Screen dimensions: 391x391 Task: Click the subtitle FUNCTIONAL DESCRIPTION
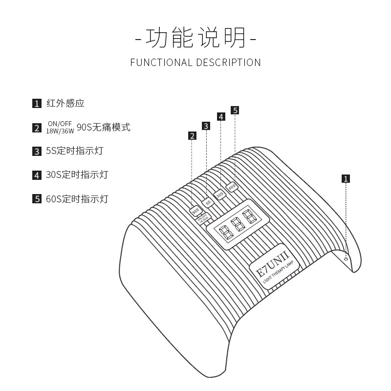pos(195,63)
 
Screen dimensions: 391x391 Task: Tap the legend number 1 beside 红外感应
pos(37,104)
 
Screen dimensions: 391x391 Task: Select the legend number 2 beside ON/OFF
pos(37,128)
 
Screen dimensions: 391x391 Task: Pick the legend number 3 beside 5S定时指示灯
pos(37,152)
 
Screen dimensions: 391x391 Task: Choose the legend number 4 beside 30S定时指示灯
pos(37,175)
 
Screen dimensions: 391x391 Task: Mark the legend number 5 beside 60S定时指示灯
pos(37,199)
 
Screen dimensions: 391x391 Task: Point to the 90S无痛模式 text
pos(104,128)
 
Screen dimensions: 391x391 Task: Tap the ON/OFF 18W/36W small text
pos(60,128)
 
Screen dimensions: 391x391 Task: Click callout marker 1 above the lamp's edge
pos(346,178)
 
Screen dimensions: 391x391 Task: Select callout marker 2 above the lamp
pos(193,136)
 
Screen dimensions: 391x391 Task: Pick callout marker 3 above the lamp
pos(207,126)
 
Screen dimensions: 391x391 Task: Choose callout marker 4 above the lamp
pos(221,117)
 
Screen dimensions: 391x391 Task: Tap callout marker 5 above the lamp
pos(235,110)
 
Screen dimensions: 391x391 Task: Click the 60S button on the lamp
pos(232,187)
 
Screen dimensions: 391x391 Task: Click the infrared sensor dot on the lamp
pos(346,260)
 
